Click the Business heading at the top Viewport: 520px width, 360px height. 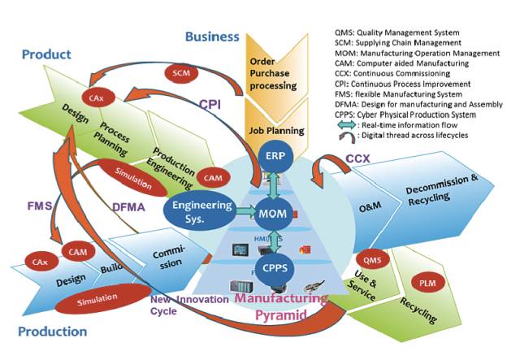211,37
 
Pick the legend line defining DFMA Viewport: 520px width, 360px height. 415,105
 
